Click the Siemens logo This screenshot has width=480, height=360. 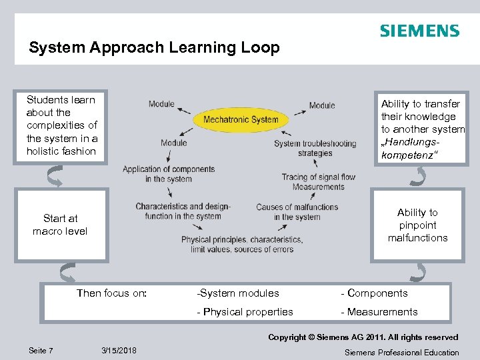[419, 31]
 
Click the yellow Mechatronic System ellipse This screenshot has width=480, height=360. [241, 120]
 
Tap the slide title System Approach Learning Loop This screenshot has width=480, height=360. [154, 48]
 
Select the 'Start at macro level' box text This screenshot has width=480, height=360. [60, 225]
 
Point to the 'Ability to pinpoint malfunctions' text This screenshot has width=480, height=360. [417, 225]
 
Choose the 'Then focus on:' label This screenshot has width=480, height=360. [112, 293]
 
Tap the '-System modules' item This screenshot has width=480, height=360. [238, 293]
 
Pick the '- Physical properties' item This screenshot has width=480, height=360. [245, 311]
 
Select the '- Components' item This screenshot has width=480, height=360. [374, 293]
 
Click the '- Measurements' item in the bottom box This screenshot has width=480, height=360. [379, 311]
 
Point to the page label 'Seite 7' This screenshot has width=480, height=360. [41, 351]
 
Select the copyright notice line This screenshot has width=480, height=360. [363, 337]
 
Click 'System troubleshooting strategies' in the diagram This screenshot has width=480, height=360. [315, 148]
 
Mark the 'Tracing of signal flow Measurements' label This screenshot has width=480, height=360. [319, 182]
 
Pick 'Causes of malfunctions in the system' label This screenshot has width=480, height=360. [297, 212]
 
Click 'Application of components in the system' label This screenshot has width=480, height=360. [169, 174]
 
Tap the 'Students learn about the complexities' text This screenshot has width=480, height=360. [61, 125]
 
